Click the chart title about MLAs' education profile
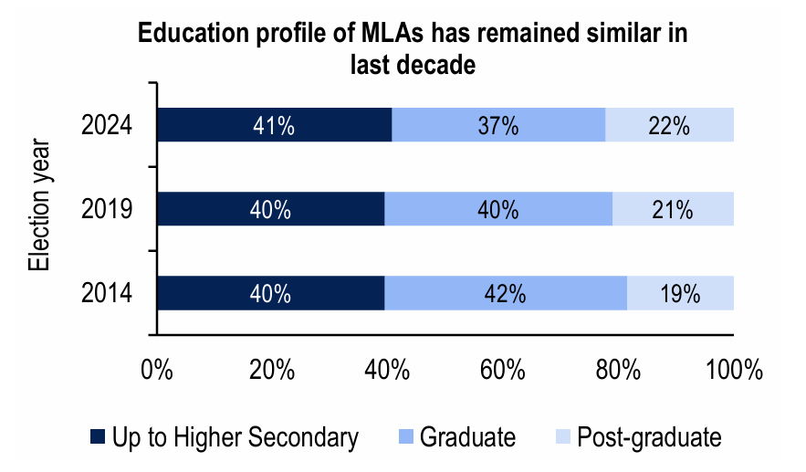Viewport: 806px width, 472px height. click(x=412, y=49)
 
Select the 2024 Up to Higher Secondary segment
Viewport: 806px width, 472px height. click(x=275, y=125)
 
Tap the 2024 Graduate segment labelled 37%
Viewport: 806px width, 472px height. click(x=498, y=125)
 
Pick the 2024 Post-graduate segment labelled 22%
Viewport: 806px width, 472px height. click(x=669, y=125)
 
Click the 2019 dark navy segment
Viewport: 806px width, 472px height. click(x=271, y=209)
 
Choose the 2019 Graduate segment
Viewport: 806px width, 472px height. click(x=498, y=209)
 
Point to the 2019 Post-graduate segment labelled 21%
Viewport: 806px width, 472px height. click(x=673, y=209)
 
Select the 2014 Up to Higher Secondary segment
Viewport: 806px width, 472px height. click(x=271, y=293)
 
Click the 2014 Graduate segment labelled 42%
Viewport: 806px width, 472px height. click(x=506, y=293)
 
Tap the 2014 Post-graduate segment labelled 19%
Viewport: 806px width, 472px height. click(x=680, y=293)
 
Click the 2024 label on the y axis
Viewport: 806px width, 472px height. click(x=107, y=126)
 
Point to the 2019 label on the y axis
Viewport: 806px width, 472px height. click(x=107, y=210)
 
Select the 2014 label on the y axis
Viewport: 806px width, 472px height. click(x=107, y=294)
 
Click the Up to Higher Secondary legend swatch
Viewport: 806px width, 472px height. click(x=98, y=437)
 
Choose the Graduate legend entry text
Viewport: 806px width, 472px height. click(x=467, y=437)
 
